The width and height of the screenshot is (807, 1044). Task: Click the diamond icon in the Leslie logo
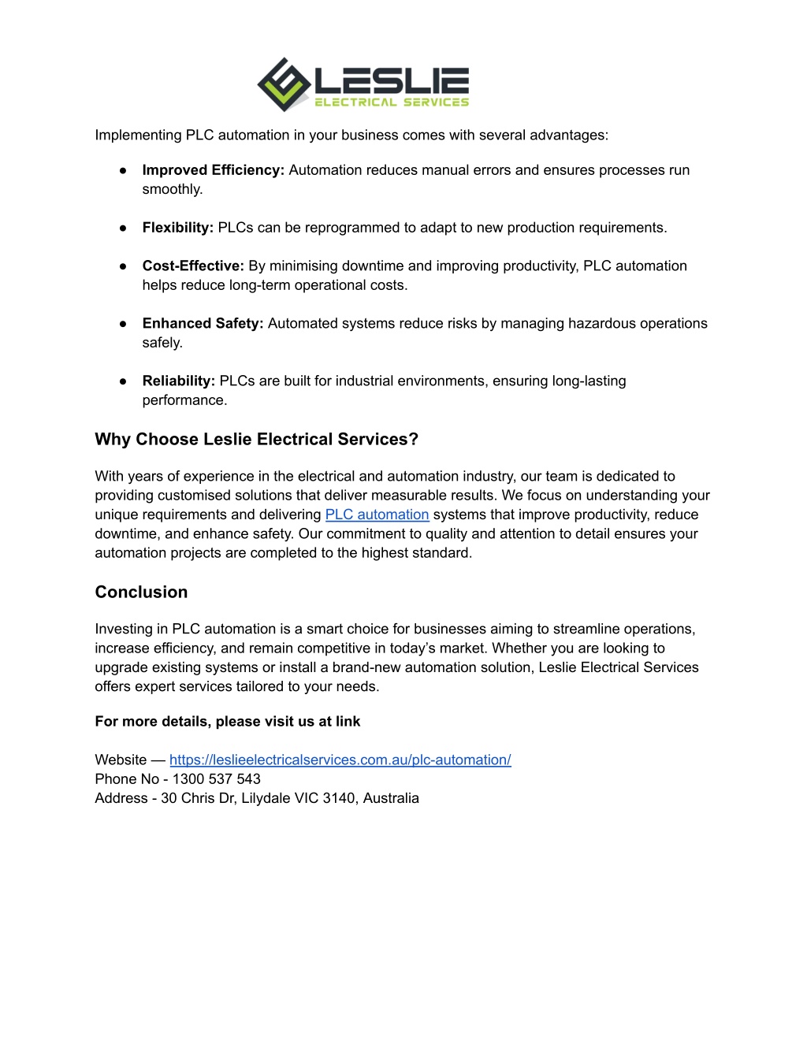pos(284,84)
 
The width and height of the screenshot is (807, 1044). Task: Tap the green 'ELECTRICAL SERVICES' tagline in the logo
pos(392,102)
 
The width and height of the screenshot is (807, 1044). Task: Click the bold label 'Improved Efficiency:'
pos(213,170)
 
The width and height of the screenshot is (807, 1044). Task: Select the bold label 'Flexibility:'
pos(177,228)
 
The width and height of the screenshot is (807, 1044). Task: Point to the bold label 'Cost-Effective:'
pos(193,266)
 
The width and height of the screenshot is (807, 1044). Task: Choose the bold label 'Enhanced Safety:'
pos(203,324)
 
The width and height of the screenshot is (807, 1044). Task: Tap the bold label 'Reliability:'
pos(178,381)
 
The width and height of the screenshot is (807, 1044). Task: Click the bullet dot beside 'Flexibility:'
pos(123,228)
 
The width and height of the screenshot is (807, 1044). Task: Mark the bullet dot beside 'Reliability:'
pos(123,381)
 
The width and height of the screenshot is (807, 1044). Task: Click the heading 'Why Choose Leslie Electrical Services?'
pos(256,440)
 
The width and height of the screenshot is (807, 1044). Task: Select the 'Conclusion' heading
pos(141,593)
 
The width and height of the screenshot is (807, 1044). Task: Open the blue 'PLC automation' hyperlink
pos(377,515)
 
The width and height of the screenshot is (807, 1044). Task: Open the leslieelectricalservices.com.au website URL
pos(340,760)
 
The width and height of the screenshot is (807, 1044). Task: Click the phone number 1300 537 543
pos(216,779)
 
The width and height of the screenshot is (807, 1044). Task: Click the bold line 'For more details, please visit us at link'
pos(227,722)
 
